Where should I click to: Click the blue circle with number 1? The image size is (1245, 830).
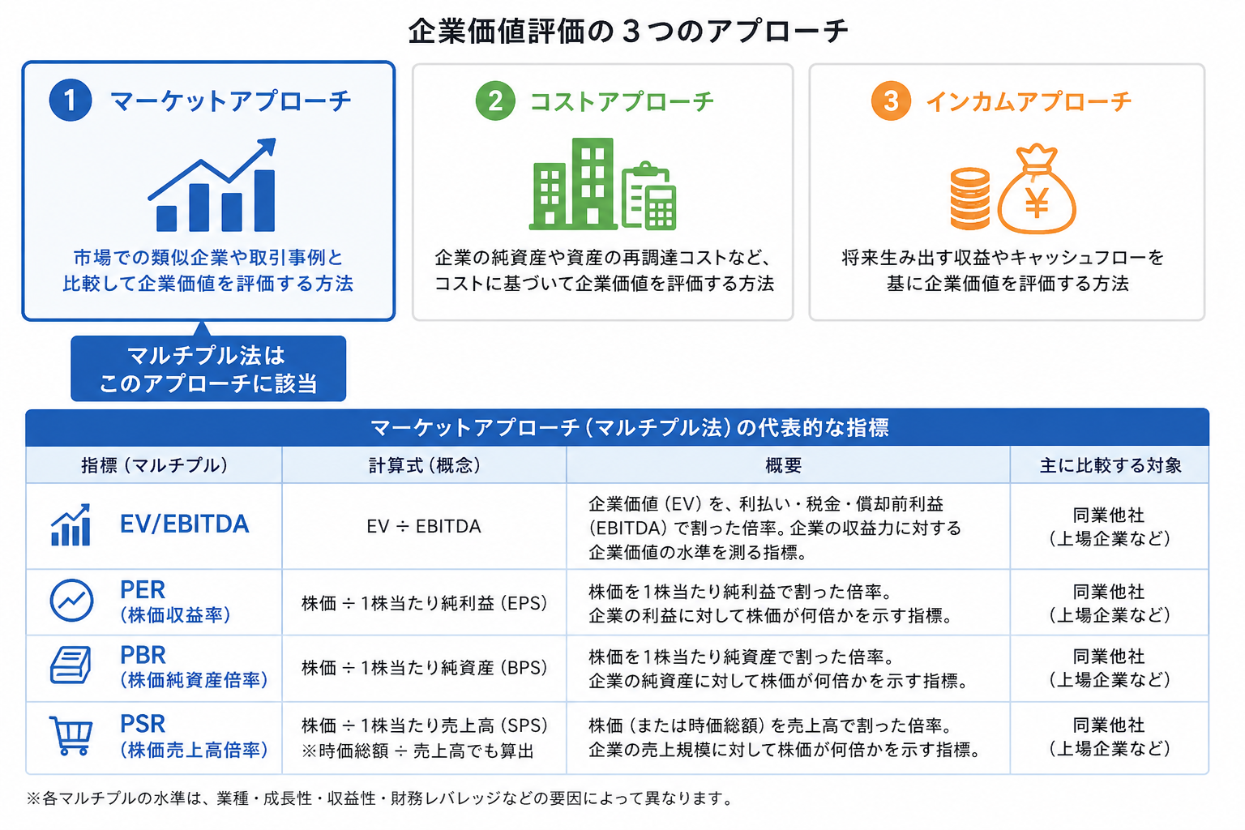pyautogui.click(x=70, y=100)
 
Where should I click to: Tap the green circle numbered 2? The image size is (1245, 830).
pyautogui.click(x=494, y=101)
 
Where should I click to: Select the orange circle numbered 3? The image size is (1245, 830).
pyautogui.click(x=891, y=101)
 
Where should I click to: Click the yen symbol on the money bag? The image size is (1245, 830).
pyautogui.click(x=1037, y=203)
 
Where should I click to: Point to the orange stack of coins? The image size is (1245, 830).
pyautogui.click(x=970, y=199)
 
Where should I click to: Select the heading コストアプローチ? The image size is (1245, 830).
pyautogui.click(x=622, y=102)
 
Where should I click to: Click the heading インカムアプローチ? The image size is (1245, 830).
pyautogui.click(x=1029, y=102)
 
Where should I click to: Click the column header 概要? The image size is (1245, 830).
pyautogui.click(x=783, y=465)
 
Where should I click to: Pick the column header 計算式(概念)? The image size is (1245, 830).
pyautogui.click(x=424, y=465)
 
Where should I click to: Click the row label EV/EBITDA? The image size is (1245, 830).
pyautogui.click(x=185, y=524)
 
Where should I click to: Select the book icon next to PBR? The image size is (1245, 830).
pyautogui.click(x=71, y=665)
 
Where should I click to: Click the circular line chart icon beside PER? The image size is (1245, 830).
pyautogui.click(x=71, y=601)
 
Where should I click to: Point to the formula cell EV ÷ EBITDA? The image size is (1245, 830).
pyautogui.click(x=424, y=527)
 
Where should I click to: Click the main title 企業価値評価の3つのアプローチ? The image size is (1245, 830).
pyautogui.click(x=628, y=31)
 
